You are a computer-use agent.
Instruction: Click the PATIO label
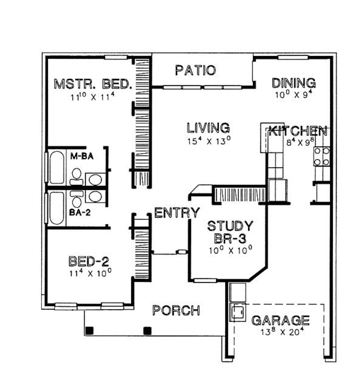tap(195, 70)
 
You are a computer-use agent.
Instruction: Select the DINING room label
tap(294, 83)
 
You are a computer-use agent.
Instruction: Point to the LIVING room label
tap(208, 128)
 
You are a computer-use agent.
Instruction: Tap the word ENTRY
tap(177, 213)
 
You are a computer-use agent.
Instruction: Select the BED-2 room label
tap(89, 262)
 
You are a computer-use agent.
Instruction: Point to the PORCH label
tap(176, 310)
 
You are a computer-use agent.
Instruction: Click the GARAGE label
tap(281, 320)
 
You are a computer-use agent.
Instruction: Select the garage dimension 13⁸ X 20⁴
tap(281, 332)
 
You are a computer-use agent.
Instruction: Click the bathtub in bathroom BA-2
tap(56, 207)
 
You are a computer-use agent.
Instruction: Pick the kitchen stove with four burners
tap(321, 157)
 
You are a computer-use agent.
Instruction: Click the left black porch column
tap(90, 331)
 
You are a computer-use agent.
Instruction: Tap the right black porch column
tap(146, 331)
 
